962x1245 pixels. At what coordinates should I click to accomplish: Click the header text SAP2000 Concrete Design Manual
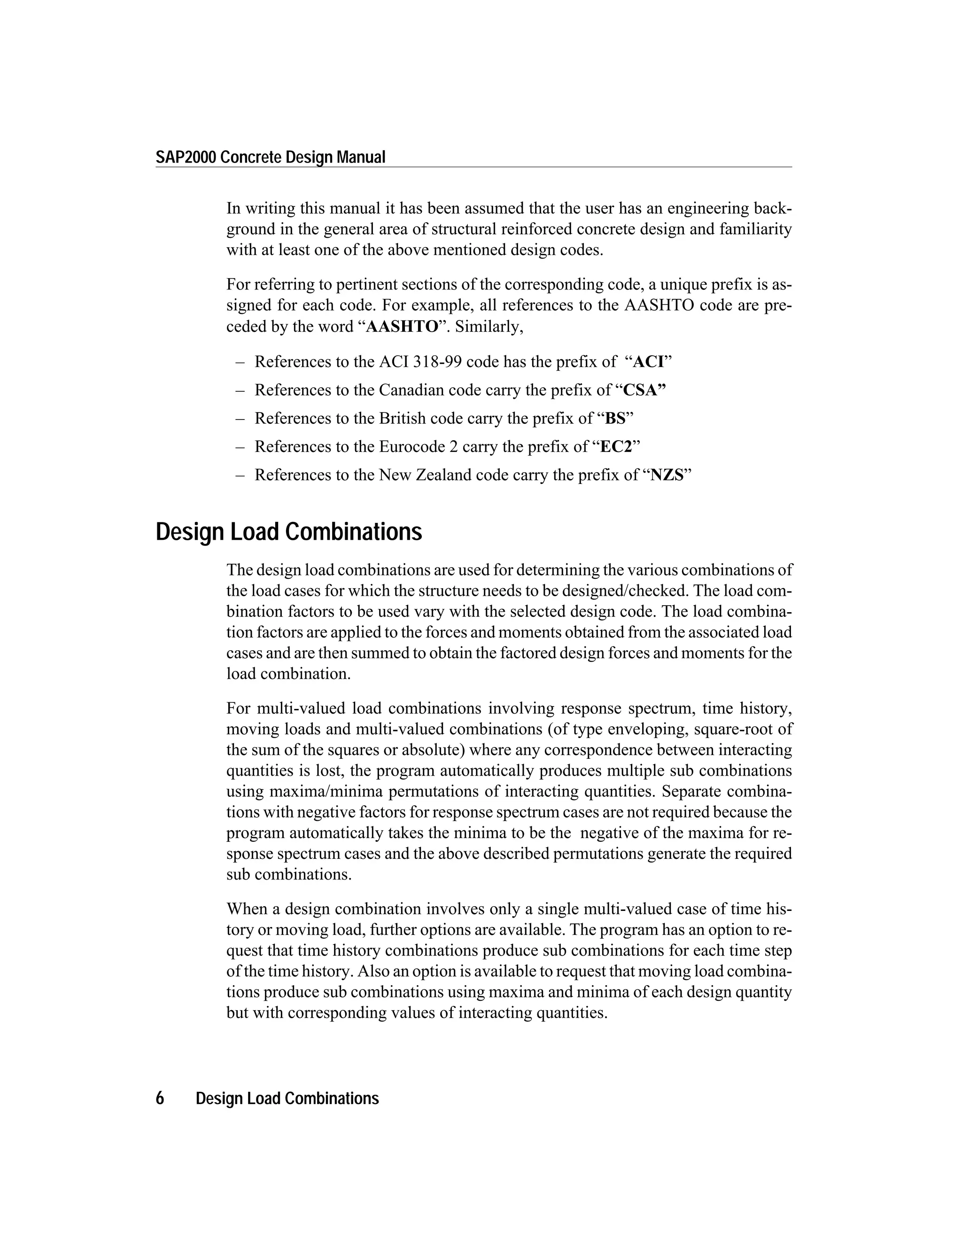click(271, 157)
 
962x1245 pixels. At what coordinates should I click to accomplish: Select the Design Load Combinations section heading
click(288, 532)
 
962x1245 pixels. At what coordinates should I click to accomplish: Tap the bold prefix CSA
click(644, 390)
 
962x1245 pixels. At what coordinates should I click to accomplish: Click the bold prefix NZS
click(667, 475)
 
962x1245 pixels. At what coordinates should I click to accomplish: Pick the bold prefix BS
click(615, 419)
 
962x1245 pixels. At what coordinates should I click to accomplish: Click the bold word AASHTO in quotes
click(402, 327)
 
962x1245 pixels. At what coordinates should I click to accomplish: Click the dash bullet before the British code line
click(240, 419)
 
